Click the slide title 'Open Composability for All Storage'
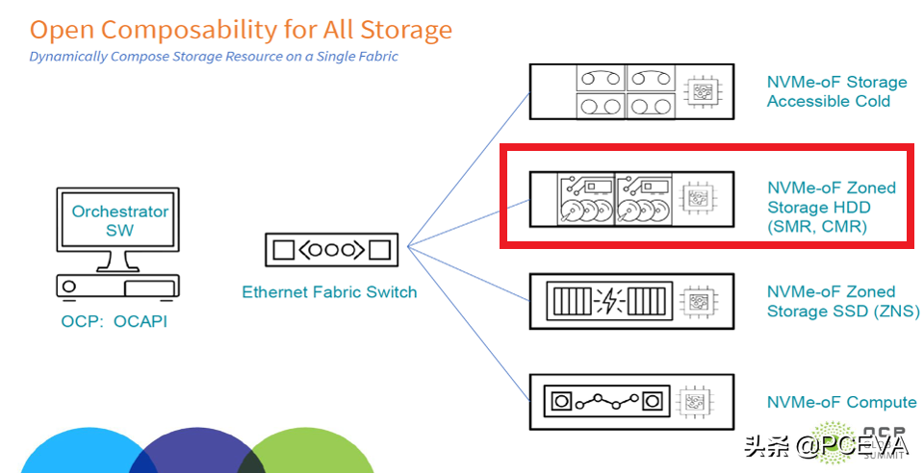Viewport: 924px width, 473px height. [x=241, y=30]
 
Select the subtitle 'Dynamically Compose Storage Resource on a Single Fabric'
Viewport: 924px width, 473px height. [x=214, y=57]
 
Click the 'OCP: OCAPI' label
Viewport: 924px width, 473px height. [x=114, y=321]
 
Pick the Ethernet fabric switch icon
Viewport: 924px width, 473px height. [x=331, y=250]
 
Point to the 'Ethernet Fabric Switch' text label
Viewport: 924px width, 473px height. [x=329, y=292]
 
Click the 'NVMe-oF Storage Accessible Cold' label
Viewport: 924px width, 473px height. [x=836, y=91]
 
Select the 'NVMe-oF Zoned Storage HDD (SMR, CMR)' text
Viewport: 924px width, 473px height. [x=831, y=207]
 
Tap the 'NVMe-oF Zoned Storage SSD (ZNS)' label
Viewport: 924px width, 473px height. [x=842, y=301]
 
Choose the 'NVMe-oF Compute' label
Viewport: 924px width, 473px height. [x=841, y=403]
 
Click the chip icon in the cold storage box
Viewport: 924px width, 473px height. [x=700, y=91]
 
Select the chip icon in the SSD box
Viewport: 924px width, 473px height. [x=700, y=302]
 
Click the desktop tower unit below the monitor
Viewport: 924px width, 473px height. [x=117, y=286]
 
